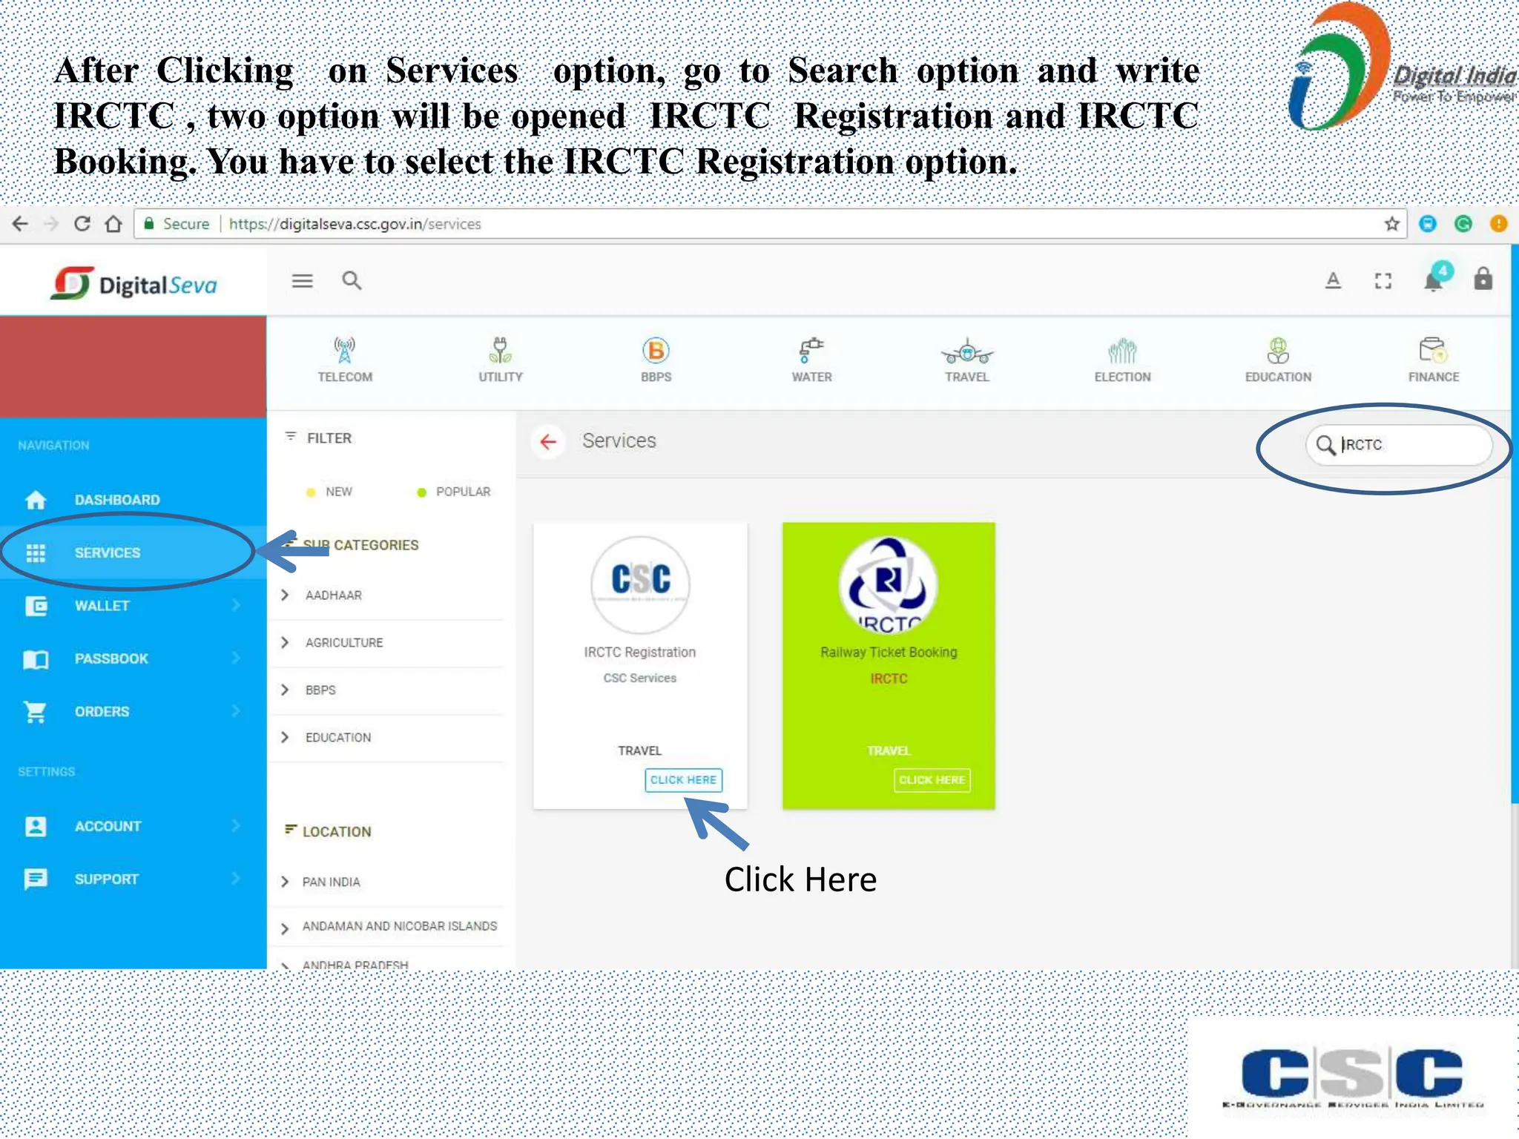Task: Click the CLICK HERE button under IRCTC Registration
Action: [x=683, y=779]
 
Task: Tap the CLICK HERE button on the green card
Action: [x=932, y=779]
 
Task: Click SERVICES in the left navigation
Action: [x=108, y=552]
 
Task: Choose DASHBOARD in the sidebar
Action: [x=116, y=500]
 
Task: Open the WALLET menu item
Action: [x=102, y=606]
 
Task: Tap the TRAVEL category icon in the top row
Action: [x=966, y=351]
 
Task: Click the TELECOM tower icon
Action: [x=344, y=351]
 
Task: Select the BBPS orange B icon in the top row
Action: [x=656, y=351]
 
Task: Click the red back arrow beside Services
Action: [x=548, y=442]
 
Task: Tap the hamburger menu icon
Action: [x=302, y=281]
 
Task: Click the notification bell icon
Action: [x=1433, y=282]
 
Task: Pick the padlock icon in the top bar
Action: [x=1483, y=280]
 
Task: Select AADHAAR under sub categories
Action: [x=333, y=595]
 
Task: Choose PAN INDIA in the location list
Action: [x=331, y=882]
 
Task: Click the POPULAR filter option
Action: [x=462, y=492]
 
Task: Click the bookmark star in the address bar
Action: [x=1391, y=224]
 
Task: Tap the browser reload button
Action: [x=82, y=224]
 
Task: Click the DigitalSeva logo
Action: [x=134, y=284]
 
